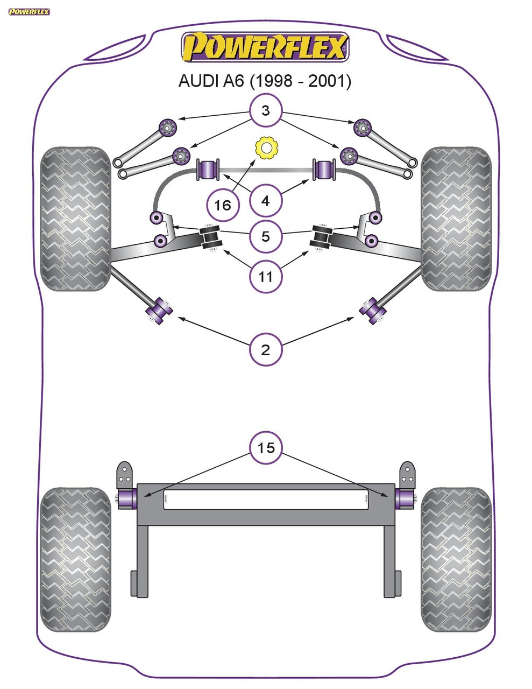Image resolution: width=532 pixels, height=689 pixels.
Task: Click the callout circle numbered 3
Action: pos(265,111)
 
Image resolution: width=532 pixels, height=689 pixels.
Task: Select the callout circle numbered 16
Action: pos(222,205)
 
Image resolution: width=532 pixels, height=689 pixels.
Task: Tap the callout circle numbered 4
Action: pos(265,201)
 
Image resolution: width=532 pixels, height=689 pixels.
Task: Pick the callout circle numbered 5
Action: pos(265,236)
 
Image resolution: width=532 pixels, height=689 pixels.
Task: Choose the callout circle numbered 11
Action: pos(265,277)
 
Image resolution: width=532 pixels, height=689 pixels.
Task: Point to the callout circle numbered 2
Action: pos(265,350)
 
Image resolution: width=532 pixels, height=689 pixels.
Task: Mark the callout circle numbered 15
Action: pos(265,447)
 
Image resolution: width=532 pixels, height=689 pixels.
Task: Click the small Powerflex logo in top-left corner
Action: pos(29,11)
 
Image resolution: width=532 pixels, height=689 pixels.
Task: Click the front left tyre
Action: pos(75,219)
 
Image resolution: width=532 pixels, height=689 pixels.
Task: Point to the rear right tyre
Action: pos(456,560)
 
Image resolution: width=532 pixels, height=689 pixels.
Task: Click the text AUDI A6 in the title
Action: pos(211,81)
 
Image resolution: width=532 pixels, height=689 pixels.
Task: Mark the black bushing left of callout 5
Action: pos(210,238)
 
